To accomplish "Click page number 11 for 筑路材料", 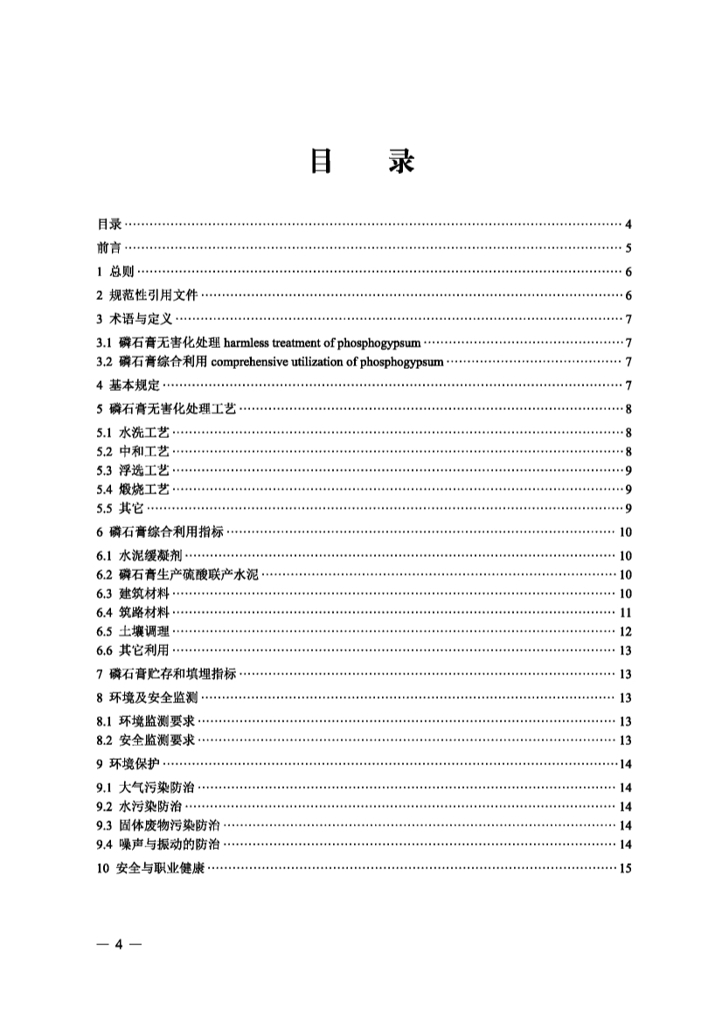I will [625, 612].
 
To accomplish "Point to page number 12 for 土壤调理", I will [625, 631].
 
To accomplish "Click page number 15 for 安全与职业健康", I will [625, 868].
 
